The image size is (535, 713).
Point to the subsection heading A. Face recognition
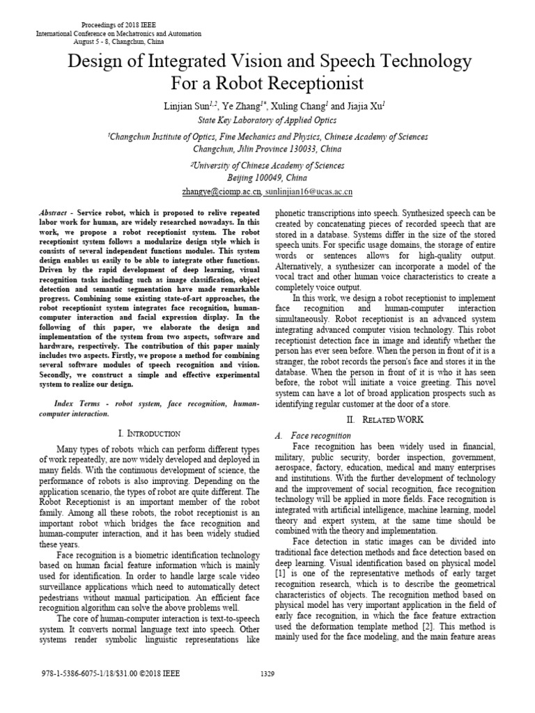tap(313, 435)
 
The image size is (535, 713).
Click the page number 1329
tap(267, 674)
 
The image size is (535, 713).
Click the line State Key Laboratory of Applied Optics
tap(267, 120)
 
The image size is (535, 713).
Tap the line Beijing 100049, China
tap(267, 178)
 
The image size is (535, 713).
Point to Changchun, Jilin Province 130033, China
tap(267, 149)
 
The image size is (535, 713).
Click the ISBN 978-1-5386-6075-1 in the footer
tap(77, 674)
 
